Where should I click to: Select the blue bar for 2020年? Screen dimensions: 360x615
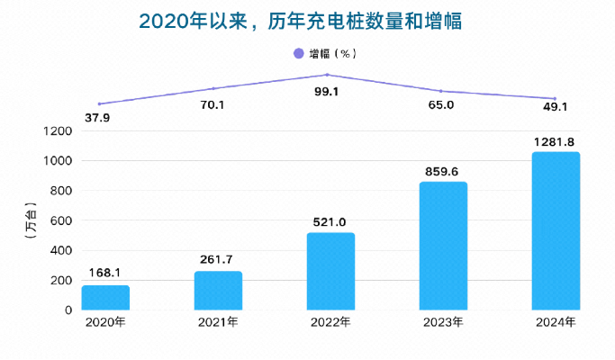click(105, 297)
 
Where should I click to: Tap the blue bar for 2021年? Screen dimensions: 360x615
click(218, 290)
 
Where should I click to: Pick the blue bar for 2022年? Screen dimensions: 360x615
click(330, 271)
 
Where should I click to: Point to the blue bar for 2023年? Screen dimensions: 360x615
click(443, 246)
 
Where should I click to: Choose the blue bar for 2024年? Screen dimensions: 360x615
click(556, 230)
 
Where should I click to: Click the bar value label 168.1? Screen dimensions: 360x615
click(105, 273)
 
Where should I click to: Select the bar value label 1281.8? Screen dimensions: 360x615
click(556, 141)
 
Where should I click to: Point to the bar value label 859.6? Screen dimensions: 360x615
click(443, 170)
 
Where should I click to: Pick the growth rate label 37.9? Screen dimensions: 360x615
click(98, 118)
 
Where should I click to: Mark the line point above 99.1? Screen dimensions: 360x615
click(327, 75)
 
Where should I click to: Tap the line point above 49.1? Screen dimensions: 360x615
click(555, 98)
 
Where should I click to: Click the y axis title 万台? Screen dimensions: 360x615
click(31, 220)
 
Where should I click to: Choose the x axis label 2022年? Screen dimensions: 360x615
click(330, 322)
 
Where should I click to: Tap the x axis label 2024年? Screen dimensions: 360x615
click(556, 322)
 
